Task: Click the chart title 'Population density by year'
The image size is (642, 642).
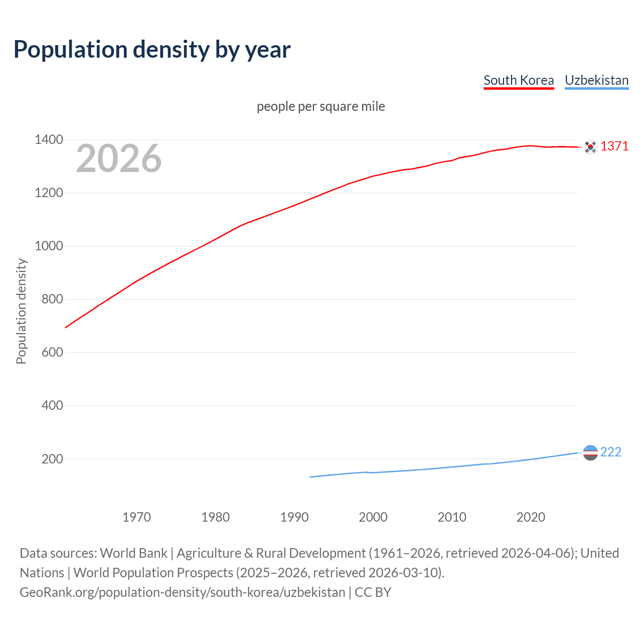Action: (152, 50)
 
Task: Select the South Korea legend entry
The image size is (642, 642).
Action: (519, 80)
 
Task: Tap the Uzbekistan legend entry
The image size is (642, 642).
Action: (596, 80)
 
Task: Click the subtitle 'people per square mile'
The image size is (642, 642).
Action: (320, 106)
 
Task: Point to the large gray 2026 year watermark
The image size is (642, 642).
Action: (119, 158)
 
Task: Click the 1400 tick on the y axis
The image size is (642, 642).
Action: (49, 139)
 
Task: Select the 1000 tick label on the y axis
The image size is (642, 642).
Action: (49, 246)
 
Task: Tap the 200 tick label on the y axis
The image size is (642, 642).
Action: (52, 459)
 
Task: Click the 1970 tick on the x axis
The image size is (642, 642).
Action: (136, 517)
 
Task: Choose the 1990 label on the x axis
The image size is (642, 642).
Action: (294, 517)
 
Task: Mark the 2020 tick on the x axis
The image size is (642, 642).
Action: (531, 517)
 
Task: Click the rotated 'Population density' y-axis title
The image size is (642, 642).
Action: (21, 311)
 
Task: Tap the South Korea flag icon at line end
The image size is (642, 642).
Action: (590, 146)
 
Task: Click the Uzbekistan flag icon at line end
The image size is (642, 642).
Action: (590, 452)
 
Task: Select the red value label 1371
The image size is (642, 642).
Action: (614, 146)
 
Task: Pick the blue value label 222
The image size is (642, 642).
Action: (610, 452)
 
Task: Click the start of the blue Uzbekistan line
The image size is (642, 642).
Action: (310, 477)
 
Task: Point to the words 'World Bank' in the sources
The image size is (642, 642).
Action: (133, 553)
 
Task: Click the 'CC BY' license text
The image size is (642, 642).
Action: (373, 592)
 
